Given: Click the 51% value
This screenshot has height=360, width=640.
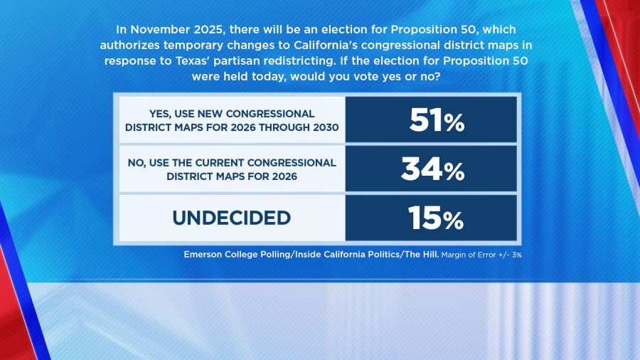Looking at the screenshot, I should (437, 122).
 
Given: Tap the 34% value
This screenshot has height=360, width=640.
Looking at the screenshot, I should (432, 170).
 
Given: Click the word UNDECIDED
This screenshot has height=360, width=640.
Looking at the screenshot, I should (231, 218).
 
